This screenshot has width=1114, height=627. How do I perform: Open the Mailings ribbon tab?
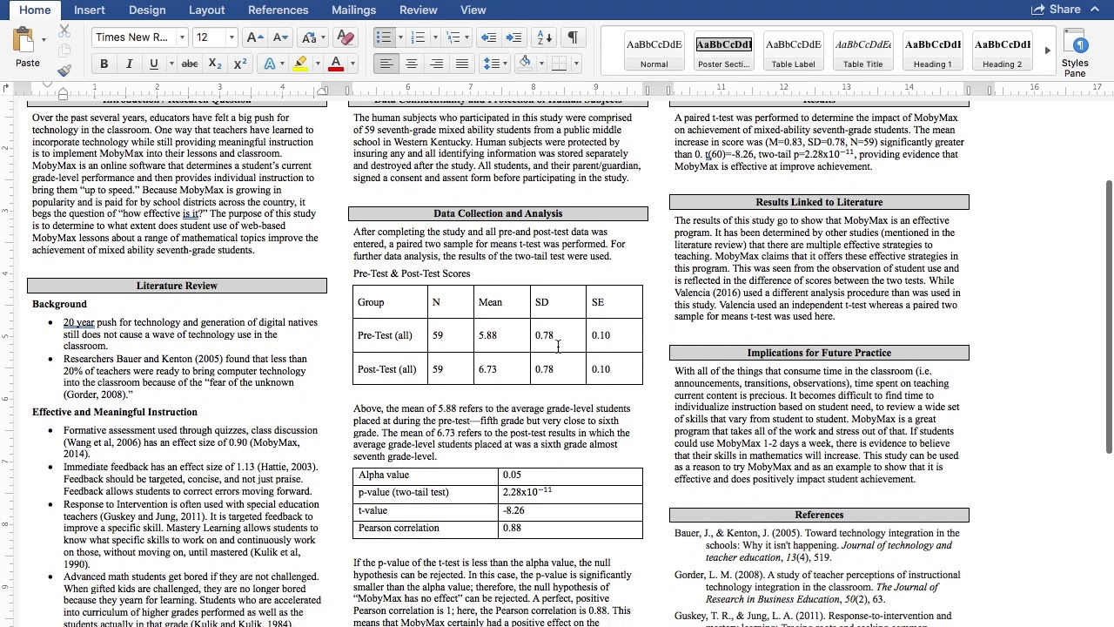click(x=353, y=10)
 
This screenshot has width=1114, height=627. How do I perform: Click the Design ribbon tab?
click(x=147, y=10)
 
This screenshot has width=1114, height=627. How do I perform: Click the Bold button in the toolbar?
click(x=104, y=64)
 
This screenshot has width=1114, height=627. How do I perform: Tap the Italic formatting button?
click(x=129, y=64)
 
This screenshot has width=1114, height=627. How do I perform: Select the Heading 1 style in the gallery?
click(x=932, y=52)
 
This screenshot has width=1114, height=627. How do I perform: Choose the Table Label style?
click(x=793, y=52)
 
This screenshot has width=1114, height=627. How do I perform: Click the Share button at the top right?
click(x=1056, y=10)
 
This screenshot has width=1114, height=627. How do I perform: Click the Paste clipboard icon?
click(x=27, y=47)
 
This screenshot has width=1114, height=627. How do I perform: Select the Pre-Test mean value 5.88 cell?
click(x=487, y=335)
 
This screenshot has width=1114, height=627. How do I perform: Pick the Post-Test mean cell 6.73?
click(x=487, y=369)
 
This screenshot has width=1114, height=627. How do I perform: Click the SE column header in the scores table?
click(x=598, y=302)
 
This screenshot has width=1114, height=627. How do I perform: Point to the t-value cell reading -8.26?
click(x=513, y=510)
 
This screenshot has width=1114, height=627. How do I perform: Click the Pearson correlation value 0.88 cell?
click(x=512, y=528)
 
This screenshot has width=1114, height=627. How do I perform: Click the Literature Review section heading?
click(x=177, y=286)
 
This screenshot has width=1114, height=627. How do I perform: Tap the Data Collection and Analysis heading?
click(x=498, y=213)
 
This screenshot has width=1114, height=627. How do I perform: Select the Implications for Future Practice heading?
click(x=819, y=353)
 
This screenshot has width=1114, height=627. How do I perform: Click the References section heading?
click(x=819, y=515)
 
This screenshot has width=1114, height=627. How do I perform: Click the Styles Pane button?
click(x=1075, y=54)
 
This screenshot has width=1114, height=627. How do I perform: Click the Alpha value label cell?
click(x=384, y=475)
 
